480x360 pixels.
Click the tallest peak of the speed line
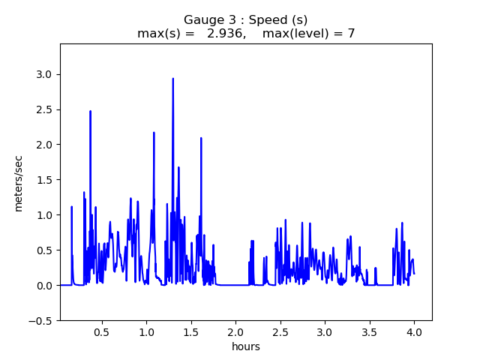tap(172, 79)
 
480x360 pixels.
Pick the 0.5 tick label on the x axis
tap(102, 331)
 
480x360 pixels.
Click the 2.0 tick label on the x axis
tap(235, 331)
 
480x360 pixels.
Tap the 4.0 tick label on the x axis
tap(414, 331)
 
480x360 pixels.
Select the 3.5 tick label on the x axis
tap(369, 331)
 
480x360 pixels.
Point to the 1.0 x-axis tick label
tap(146, 331)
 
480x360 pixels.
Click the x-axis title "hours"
tap(246, 346)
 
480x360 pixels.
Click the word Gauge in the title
tap(202, 20)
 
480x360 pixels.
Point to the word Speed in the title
tap(272, 20)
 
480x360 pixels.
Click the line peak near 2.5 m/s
tap(90, 111)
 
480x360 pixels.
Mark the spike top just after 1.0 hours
tap(154, 133)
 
